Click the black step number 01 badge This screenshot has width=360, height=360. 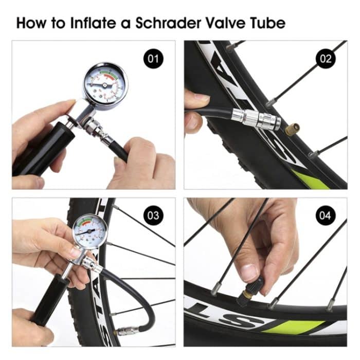point(153,59)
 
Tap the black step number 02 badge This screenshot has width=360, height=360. point(326,59)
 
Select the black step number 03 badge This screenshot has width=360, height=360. point(153,215)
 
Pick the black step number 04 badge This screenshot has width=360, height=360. point(326,215)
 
